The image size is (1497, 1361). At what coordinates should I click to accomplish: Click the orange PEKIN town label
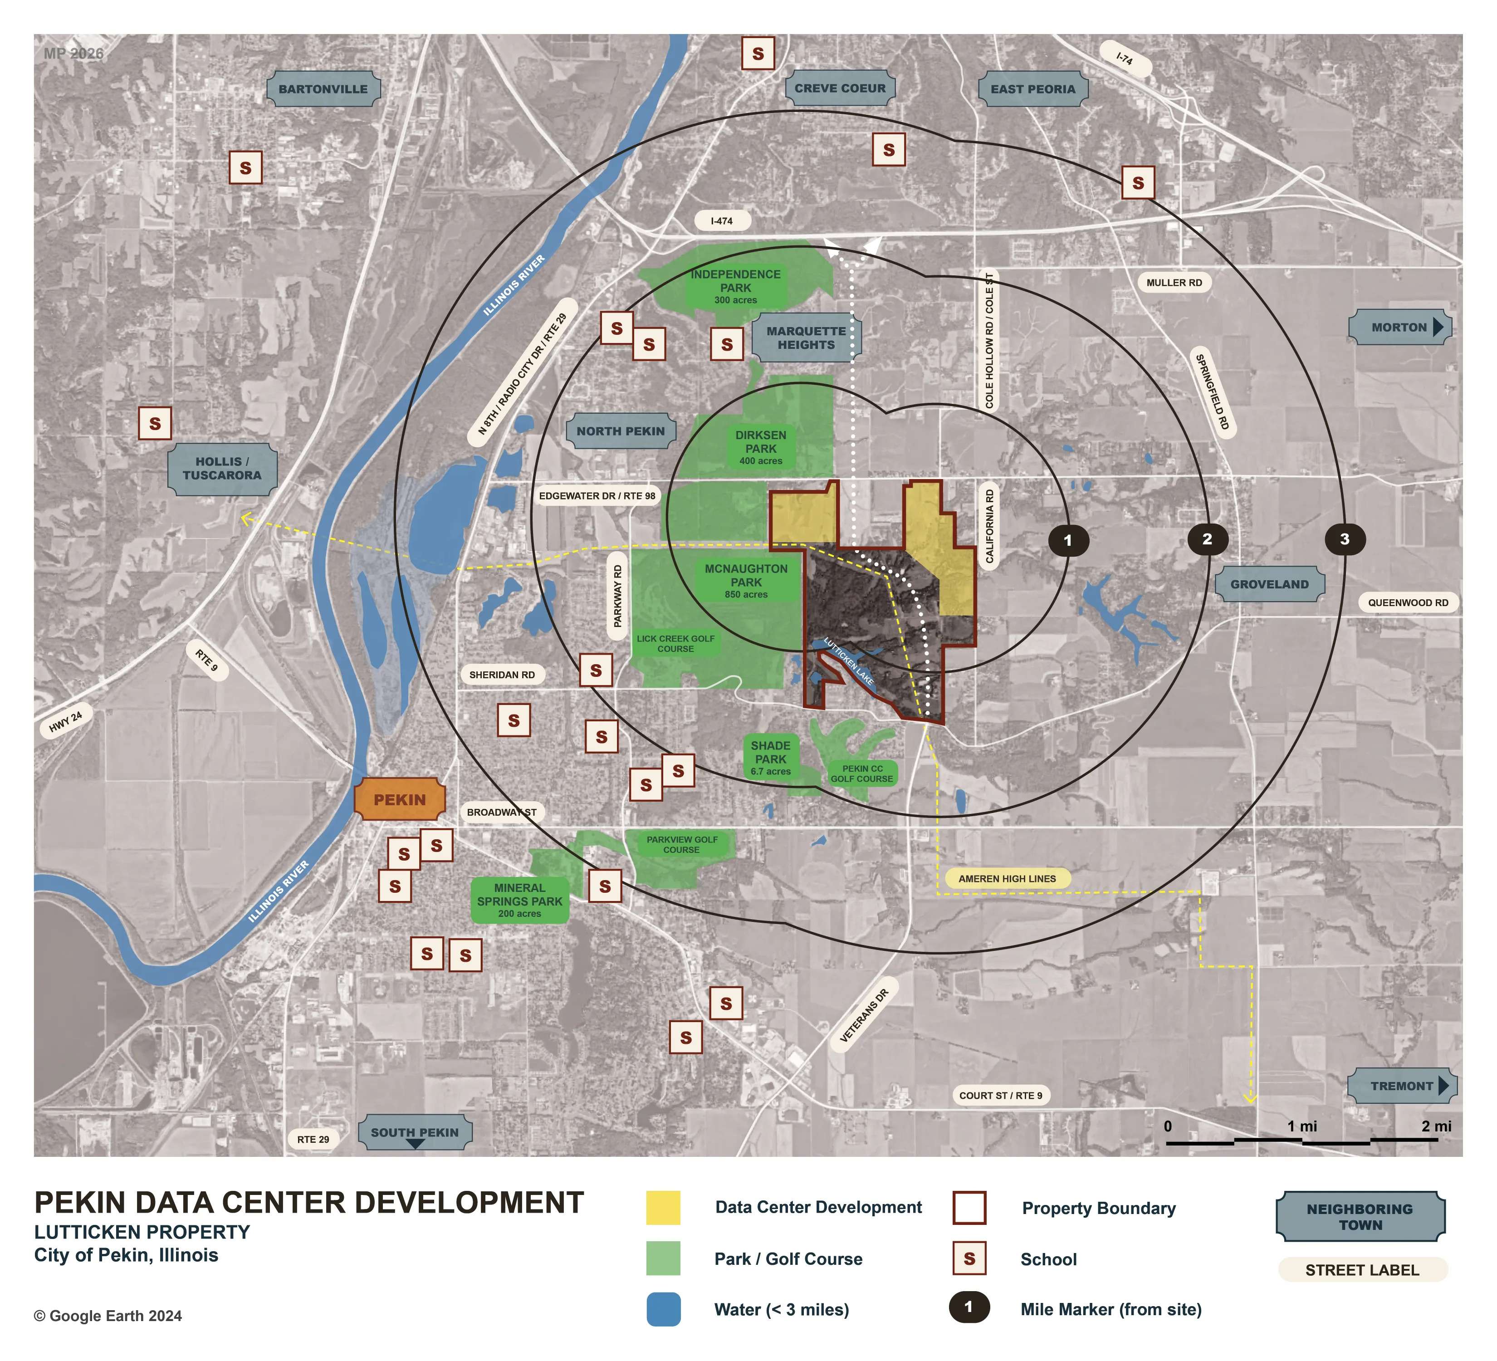(x=400, y=800)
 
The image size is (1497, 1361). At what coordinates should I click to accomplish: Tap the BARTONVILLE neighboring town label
(x=323, y=89)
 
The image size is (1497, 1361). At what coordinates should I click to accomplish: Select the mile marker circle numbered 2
(x=1207, y=539)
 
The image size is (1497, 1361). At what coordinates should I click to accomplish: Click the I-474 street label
(x=722, y=220)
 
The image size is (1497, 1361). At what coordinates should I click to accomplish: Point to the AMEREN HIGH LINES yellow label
(x=1007, y=878)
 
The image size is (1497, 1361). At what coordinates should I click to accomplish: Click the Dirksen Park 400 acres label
(x=760, y=448)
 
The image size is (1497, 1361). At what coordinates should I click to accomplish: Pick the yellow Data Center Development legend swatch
(x=663, y=1207)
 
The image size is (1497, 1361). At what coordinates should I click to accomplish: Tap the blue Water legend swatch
(x=663, y=1309)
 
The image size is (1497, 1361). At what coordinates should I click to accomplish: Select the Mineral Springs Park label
(x=520, y=900)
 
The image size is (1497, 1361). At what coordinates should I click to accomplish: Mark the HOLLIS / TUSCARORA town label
(x=222, y=469)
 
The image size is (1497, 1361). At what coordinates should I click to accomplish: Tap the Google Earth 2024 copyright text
(x=108, y=1316)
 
